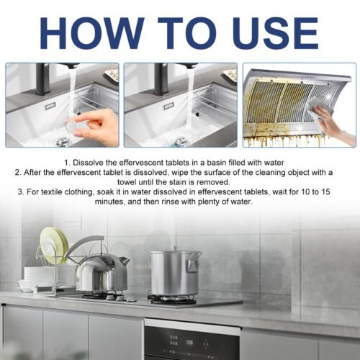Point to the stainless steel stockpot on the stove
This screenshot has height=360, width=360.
click(x=175, y=272)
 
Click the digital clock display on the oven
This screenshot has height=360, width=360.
click(x=192, y=343)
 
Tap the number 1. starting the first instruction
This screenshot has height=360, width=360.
click(x=66, y=163)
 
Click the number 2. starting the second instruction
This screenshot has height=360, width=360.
click(x=19, y=173)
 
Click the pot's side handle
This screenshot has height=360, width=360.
click(x=193, y=265)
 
